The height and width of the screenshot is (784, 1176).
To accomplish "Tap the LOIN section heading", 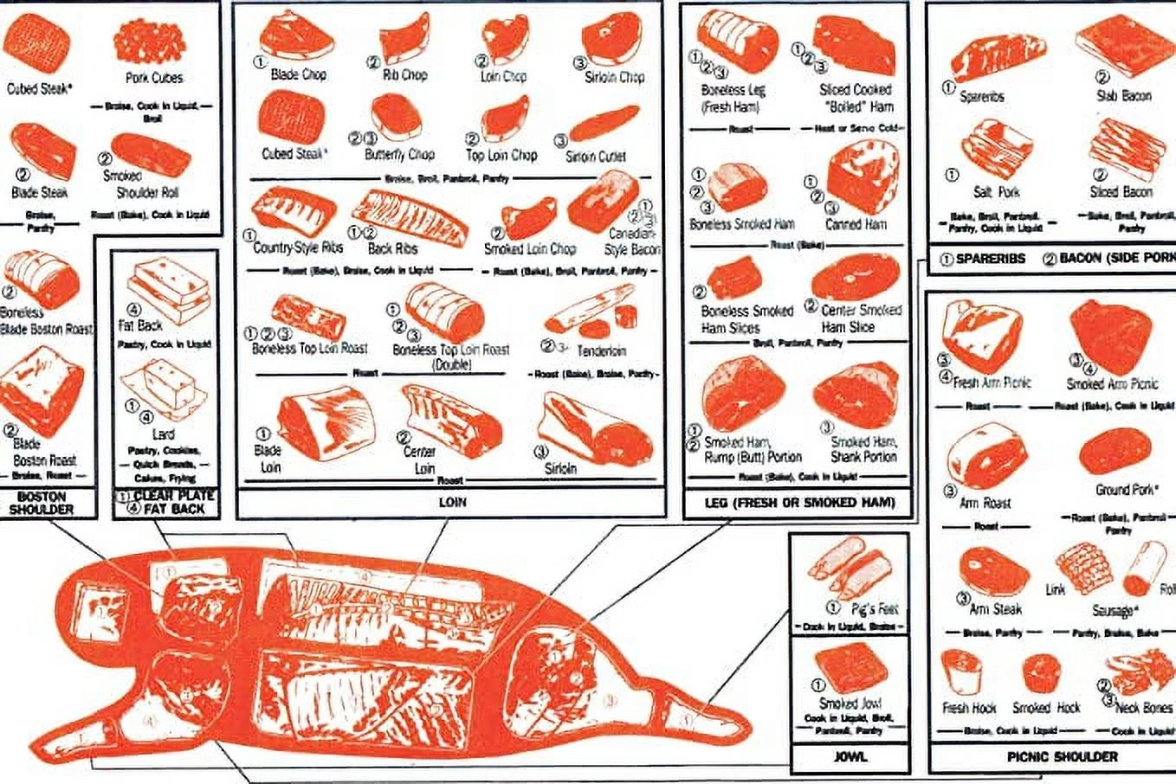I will tap(451, 502).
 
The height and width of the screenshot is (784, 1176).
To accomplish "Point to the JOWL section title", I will tap(850, 756).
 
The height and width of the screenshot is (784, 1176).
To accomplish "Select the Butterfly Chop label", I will tap(398, 155).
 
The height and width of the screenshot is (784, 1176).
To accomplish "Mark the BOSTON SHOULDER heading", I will tap(41, 503).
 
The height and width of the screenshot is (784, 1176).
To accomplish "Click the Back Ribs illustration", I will tap(409, 216).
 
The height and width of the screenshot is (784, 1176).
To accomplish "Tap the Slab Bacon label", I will tap(1123, 96).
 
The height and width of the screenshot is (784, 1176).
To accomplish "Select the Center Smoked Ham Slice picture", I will tap(856, 277).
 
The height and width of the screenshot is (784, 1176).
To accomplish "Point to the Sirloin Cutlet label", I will tap(595, 157).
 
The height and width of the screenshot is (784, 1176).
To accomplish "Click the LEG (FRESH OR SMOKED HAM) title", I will tap(801, 502).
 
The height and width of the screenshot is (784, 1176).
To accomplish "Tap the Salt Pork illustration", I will tap(995, 149).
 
